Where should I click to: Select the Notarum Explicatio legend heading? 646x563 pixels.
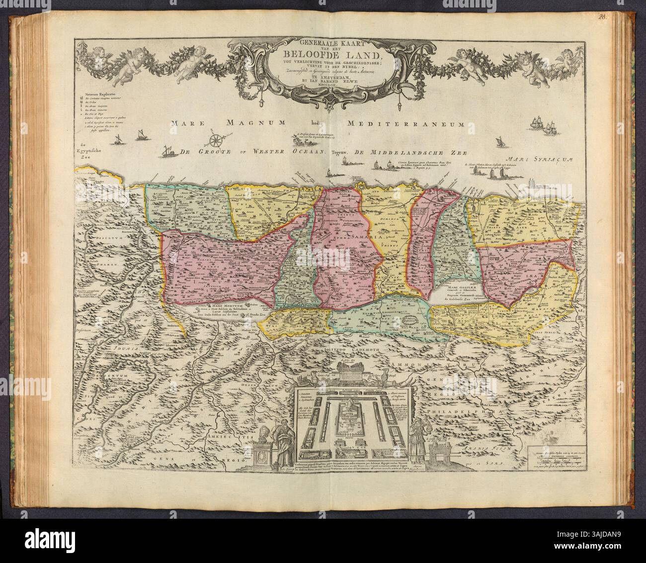99,94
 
